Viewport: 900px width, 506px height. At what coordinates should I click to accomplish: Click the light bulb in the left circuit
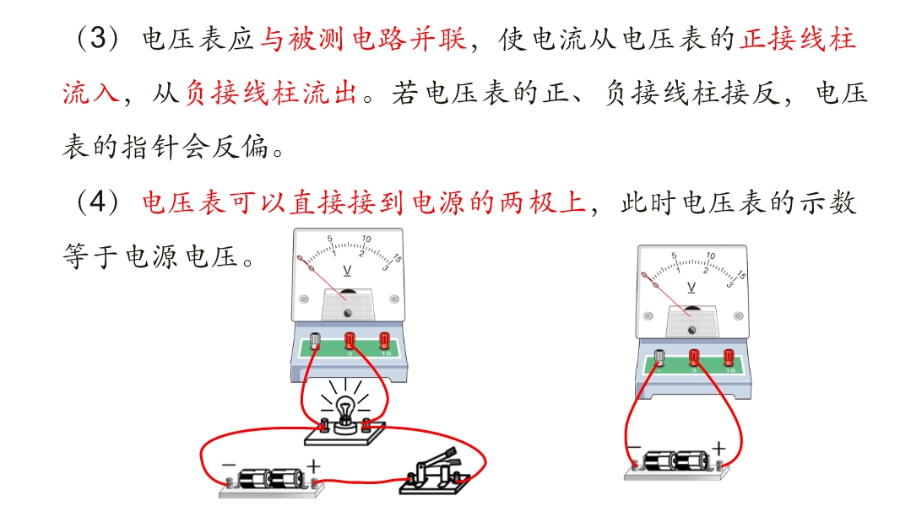coord(345,411)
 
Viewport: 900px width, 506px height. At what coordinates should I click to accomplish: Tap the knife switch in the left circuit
coord(436,472)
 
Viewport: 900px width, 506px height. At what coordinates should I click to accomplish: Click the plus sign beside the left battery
coord(313,466)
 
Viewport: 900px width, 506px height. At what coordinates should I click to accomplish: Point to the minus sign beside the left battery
coord(229,465)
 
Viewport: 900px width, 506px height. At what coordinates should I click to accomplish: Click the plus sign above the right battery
coord(718,447)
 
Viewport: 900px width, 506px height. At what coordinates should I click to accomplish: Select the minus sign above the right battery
coord(634,446)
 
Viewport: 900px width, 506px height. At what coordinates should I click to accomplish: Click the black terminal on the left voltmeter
coord(315,341)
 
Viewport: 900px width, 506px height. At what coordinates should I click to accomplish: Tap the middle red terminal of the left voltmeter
coord(350,341)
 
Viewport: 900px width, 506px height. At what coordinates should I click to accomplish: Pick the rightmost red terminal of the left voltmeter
coord(384,341)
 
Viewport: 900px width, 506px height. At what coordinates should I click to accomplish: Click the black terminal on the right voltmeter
coord(659,357)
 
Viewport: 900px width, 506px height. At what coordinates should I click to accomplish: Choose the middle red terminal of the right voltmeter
coord(694,357)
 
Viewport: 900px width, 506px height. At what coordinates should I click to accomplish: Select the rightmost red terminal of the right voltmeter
coord(729,357)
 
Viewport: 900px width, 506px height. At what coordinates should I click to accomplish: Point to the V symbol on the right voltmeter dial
coord(691,287)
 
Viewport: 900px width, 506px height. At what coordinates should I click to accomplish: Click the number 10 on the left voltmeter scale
coord(366,239)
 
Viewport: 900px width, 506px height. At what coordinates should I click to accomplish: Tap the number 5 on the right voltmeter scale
coord(675,255)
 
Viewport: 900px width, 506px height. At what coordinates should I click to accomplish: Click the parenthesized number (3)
coord(98,39)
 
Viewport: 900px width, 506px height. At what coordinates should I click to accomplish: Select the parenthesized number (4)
coord(98,202)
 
